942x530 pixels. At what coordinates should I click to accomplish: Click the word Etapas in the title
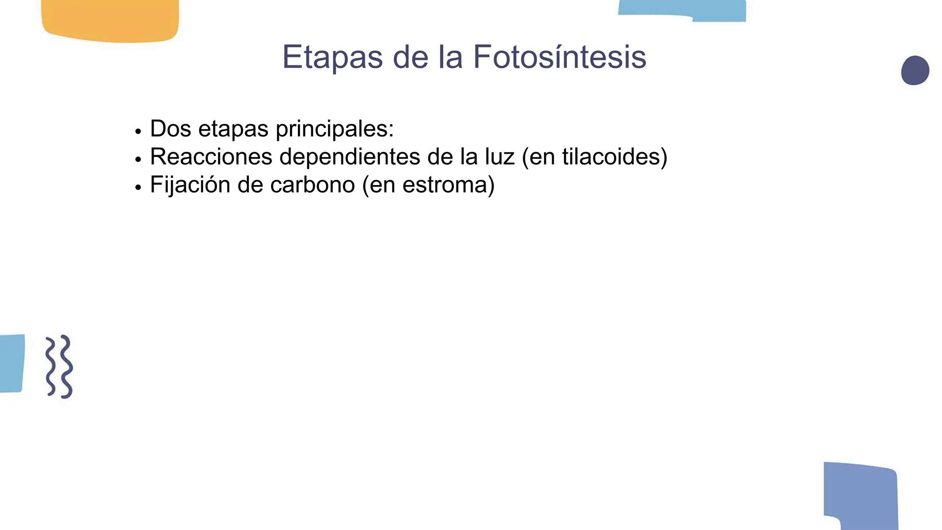coord(332,57)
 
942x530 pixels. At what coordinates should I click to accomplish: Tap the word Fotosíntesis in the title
coord(560,57)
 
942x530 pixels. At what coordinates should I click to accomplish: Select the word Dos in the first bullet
coord(170,129)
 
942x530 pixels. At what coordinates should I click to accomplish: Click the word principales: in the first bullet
coord(334,129)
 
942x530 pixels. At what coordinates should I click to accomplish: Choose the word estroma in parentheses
coord(444,185)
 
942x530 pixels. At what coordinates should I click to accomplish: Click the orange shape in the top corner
coord(110,20)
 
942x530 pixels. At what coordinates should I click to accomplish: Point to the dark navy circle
coord(915,70)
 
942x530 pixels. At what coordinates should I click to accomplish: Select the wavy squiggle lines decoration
coord(59,367)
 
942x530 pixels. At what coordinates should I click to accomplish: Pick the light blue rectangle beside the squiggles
coord(11,363)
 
